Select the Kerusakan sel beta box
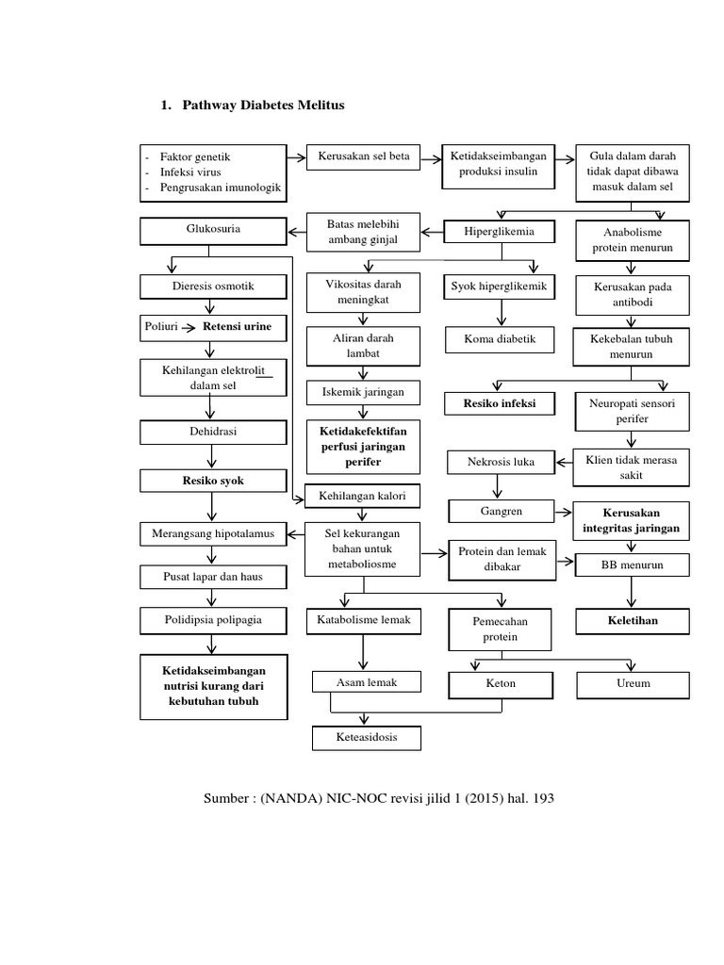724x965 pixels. [363, 156]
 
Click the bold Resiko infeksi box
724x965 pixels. [500, 403]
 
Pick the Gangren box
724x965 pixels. [500, 511]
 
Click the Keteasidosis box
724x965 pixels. [367, 738]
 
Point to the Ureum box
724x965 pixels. [632, 683]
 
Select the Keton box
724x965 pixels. [500, 683]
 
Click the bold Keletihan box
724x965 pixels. [632, 622]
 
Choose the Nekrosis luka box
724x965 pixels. [500, 463]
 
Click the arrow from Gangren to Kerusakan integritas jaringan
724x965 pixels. [562, 512]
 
